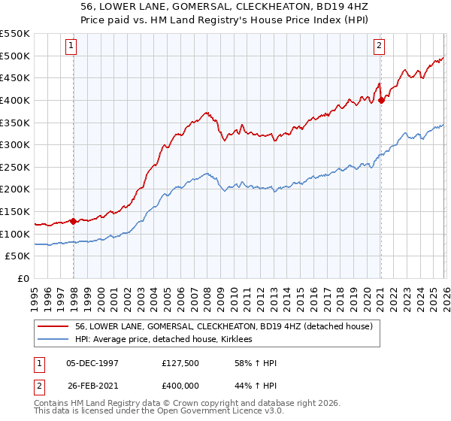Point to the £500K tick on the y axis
(x=15, y=56)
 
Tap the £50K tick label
(x=18, y=256)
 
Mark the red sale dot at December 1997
(x=74, y=221)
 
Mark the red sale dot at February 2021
(x=381, y=100)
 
